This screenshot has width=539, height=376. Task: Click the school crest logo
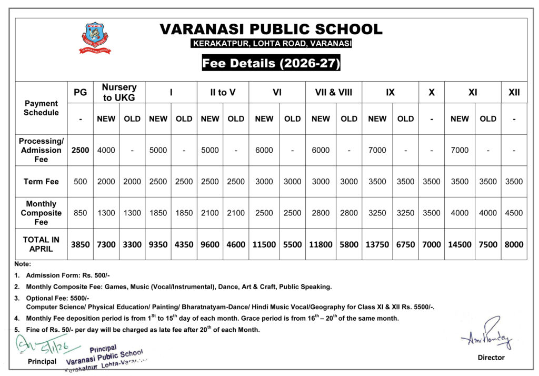point(95,38)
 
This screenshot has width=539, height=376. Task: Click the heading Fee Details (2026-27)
point(271,64)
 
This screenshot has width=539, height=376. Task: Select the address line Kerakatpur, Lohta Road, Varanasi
point(271,43)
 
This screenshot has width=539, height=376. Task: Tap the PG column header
point(81,93)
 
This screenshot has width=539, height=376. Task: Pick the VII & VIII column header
point(334,93)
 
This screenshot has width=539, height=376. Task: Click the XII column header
point(514,93)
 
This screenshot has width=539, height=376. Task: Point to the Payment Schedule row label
point(42,108)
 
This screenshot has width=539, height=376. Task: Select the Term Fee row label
point(42,182)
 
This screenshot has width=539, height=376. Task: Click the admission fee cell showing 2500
point(81,150)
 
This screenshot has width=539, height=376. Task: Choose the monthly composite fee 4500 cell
point(514,213)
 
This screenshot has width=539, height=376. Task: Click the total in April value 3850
point(81,244)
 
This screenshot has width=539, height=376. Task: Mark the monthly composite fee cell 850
point(81,213)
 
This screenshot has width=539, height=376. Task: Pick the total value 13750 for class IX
point(377,244)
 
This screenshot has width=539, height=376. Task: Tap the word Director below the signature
point(491,358)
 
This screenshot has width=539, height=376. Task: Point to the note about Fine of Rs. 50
point(142,330)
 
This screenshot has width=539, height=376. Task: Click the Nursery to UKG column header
point(119,93)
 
